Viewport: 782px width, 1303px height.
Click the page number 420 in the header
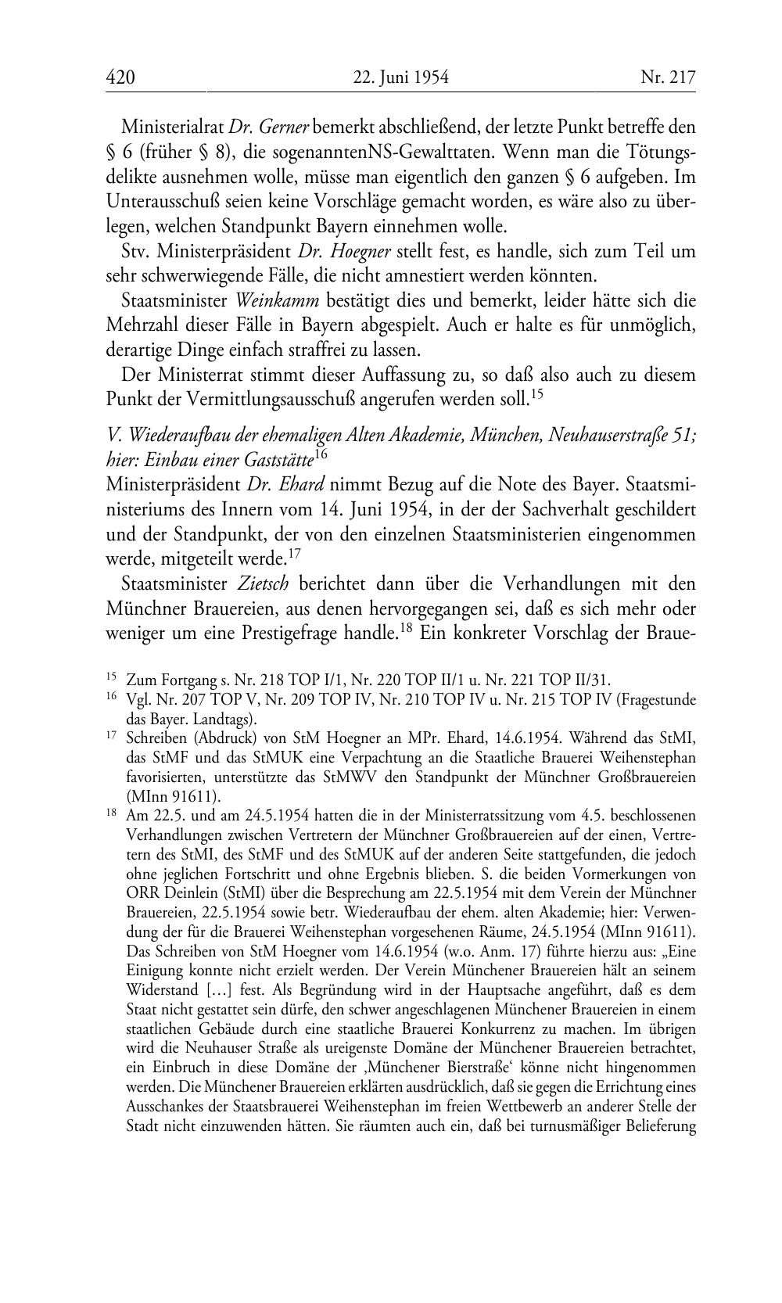click(x=120, y=77)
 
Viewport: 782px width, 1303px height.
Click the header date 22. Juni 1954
click(x=400, y=77)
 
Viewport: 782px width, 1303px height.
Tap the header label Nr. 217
click(x=667, y=77)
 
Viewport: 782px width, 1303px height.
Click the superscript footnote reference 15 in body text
click(x=536, y=394)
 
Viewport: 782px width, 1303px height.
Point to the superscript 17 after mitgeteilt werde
click(x=295, y=554)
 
